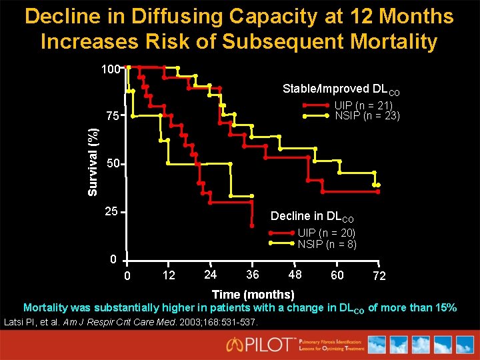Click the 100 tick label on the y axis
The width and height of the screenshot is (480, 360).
click(x=110, y=69)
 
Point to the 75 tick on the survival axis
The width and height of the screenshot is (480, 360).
click(x=112, y=117)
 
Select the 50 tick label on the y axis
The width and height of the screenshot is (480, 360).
click(x=112, y=165)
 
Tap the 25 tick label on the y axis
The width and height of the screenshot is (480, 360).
click(x=112, y=212)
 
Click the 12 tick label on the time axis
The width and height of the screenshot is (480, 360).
click(x=169, y=275)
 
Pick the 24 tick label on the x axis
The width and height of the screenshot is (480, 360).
click(x=210, y=275)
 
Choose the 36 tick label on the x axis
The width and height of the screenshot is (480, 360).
click(x=252, y=275)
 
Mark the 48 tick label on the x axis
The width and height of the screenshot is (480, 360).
click(x=294, y=275)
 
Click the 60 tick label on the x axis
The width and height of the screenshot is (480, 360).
click(x=337, y=275)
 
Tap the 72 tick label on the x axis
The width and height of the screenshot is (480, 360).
click(x=379, y=276)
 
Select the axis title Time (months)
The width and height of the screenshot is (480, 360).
click(x=253, y=295)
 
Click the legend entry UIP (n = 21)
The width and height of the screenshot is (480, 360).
click(x=363, y=105)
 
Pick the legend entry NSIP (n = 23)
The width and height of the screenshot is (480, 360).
click(x=367, y=115)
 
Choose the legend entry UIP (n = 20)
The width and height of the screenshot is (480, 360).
click(x=327, y=233)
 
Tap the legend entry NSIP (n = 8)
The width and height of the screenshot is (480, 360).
click(x=327, y=244)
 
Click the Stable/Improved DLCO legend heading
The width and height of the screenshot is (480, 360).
click(x=341, y=89)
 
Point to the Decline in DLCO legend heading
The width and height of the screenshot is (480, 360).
click(x=312, y=216)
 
